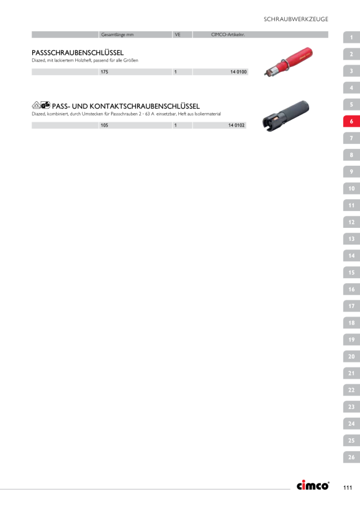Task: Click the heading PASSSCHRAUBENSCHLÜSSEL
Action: point(78,53)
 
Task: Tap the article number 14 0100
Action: point(238,72)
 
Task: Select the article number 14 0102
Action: point(236,125)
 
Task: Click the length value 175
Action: point(104,72)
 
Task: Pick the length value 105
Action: point(104,125)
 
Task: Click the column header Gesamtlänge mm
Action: point(117,34)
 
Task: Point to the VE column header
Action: point(178,34)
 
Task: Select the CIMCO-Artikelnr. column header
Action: point(228,34)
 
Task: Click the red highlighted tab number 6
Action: point(351,122)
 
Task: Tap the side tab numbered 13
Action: point(351,239)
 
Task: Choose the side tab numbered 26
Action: point(351,457)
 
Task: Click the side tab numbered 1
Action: point(351,37)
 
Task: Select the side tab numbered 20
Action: point(351,356)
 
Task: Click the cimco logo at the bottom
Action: point(313,485)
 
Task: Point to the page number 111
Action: point(348,487)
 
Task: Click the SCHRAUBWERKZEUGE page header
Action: point(295,19)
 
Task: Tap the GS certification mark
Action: point(45,105)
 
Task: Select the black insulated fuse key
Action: point(286,115)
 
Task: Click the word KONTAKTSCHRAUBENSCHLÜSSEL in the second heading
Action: point(145,106)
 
